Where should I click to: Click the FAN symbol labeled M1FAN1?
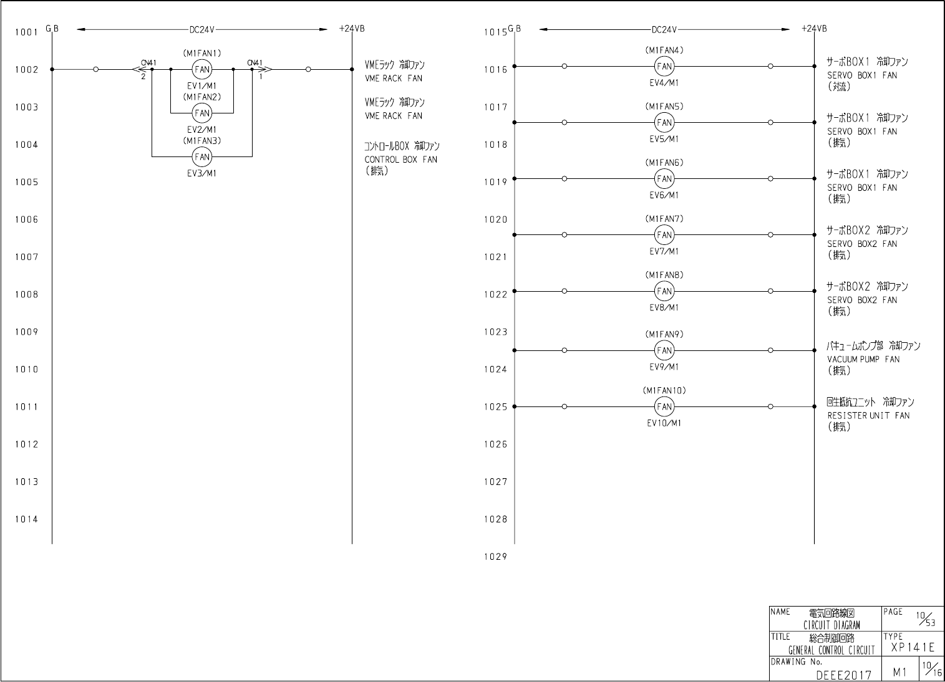click(x=201, y=69)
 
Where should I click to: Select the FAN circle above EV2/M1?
click(x=201, y=113)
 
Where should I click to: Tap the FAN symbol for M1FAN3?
click(x=201, y=156)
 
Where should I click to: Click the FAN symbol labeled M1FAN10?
click(x=664, y=406)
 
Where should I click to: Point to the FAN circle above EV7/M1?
click(x=664, y=235)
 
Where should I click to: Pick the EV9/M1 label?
click(x=664, y=367)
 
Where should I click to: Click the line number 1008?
click(x=26, y=294)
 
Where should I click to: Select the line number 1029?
click(x=495, y=557)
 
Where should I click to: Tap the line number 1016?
click(x=495, y=70)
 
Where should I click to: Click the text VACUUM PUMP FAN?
click(x=863, y=359)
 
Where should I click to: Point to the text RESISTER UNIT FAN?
click(x=868, y=415)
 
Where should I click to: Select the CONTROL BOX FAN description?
click(x=401, y=160)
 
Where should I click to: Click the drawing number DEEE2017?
click(x=843, y=674)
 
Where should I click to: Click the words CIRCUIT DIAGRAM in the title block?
click(x=831, y=625)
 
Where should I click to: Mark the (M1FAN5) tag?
click(x=664, y=107)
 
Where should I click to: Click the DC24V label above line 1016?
click(x=664, y=29)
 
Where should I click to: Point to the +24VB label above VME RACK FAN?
click(x=352, y=29)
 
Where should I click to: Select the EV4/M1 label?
click(x=664, y=82)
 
